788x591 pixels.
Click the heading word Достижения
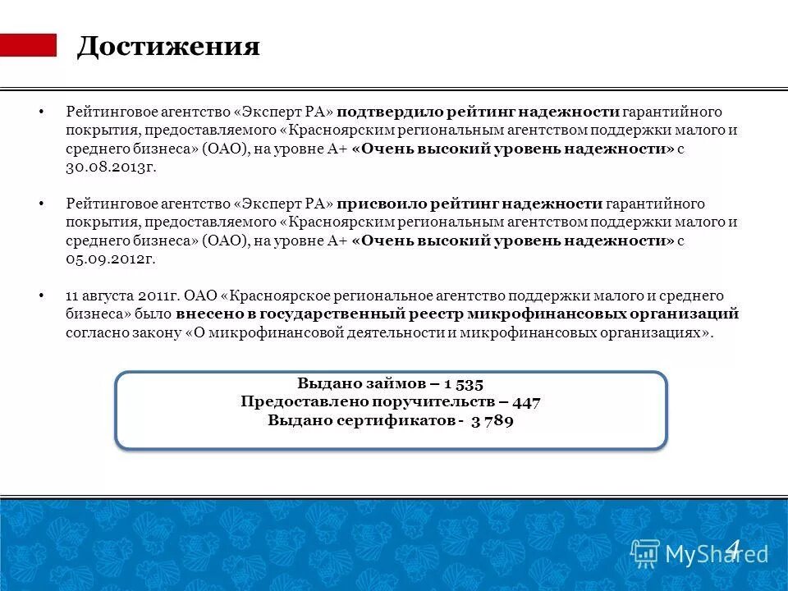pyautogui.click(x=168, y=47)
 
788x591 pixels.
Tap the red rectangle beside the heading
pyautogui.click(x=28, y=45)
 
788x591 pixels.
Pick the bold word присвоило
pyautogui.click(x=378, y=204)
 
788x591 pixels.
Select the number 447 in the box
pyautogui.click(x=526, y=402)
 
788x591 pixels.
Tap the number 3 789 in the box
pyautogui.click(x=492, y=421)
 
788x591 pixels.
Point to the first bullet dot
pyautogui.click(x=40, y=112)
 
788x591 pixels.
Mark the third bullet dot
pyautogui.click(x=40, y=295)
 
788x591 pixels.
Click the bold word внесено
pyautogui.click(x=208, y=314)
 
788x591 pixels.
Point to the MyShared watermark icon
pyautogui.click(x=645, y=553)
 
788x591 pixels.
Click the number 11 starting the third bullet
pyautogui.click(x=72, y=295)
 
